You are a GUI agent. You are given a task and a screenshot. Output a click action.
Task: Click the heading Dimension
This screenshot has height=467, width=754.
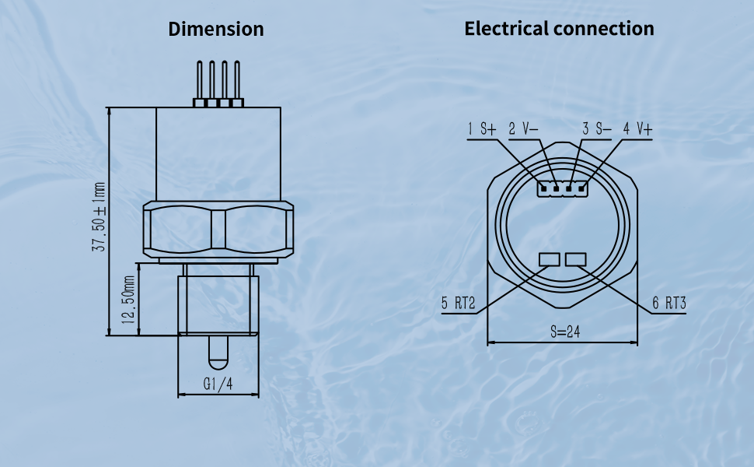point(216,30)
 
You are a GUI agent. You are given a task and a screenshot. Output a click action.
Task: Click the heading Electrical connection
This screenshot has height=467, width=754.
point(559,29)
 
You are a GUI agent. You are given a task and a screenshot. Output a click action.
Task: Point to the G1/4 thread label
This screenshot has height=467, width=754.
point(218,384)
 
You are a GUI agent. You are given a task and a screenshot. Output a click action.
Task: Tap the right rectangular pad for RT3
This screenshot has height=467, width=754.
point(577,259)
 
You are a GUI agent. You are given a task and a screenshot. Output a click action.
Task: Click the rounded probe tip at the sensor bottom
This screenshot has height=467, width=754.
point(218,354)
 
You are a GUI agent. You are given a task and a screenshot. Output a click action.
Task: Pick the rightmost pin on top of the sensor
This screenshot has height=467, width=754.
point(236,82)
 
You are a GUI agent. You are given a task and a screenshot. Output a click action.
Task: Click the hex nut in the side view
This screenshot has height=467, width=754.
point(218,230)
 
